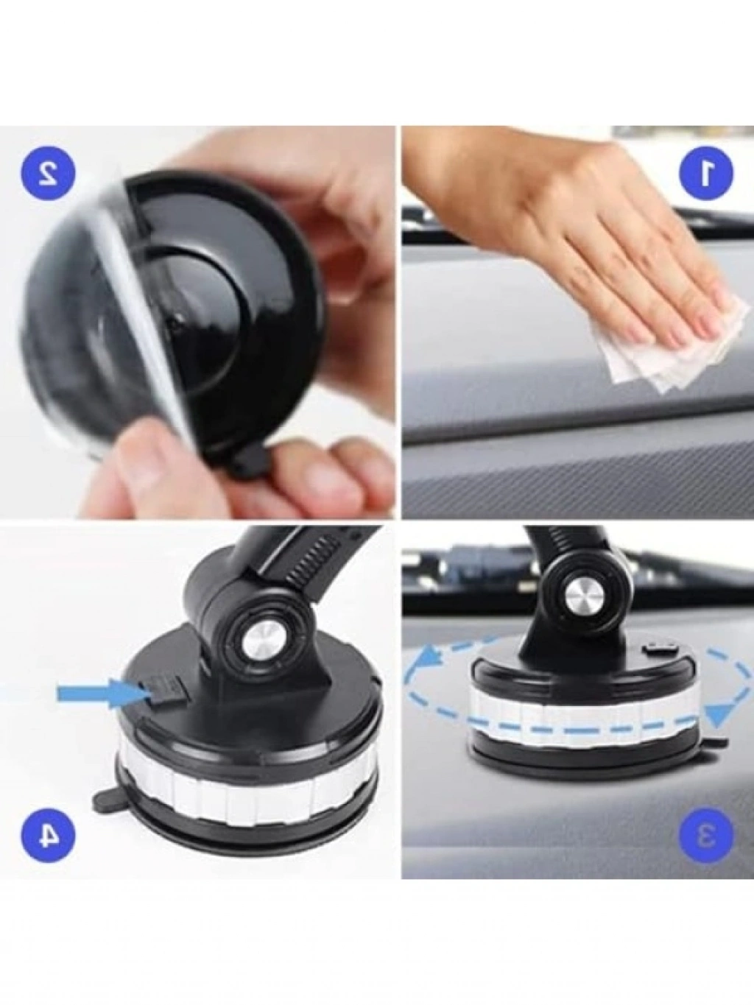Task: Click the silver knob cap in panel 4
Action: click(x=262, y=640)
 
